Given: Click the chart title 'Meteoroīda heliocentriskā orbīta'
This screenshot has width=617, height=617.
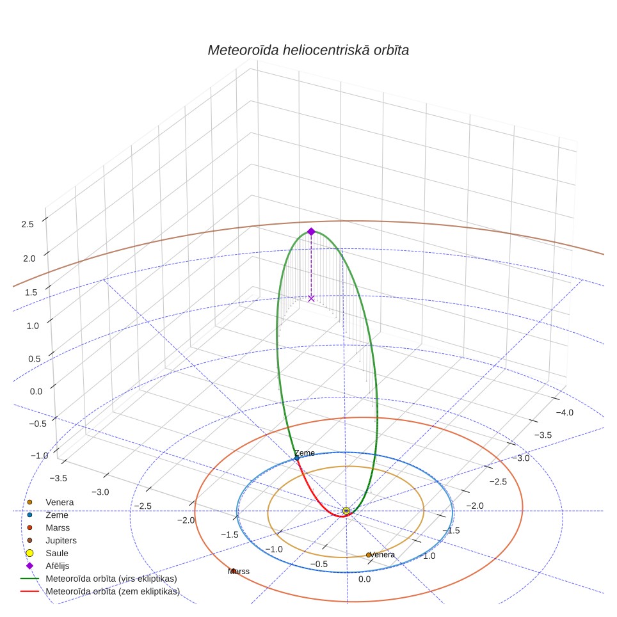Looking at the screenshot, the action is click(308, 51).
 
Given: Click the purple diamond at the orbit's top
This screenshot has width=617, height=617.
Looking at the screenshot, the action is click(311, 232).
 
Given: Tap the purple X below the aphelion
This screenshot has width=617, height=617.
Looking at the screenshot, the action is click(311, 299).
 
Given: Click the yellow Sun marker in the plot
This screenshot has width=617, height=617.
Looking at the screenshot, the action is click(346, 511).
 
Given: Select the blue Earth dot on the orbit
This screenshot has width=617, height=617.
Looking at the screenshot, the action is click(297, 458).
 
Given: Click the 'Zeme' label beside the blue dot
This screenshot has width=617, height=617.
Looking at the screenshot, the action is click(305, 453).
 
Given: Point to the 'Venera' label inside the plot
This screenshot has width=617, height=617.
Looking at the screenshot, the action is click(382, 554).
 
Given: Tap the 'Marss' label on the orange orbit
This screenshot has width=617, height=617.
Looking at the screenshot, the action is click(239, 571).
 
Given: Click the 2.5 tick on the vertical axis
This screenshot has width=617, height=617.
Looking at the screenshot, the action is click(28, 224).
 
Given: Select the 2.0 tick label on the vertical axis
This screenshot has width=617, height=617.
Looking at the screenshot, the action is click(29, 259).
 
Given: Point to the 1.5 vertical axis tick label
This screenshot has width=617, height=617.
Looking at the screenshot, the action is click(31, 292).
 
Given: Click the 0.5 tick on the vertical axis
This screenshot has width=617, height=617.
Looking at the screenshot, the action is click(34, 359).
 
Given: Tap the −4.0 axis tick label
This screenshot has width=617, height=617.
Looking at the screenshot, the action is click(565, 412).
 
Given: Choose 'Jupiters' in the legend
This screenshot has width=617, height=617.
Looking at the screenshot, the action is click(61, 540).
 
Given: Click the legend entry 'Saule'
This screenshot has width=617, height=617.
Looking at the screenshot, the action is click(57, 553).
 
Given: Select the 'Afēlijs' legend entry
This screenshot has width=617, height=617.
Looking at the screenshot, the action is click(58, 566).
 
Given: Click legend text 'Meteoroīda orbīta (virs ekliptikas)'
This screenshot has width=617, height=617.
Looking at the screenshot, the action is click(111, 579).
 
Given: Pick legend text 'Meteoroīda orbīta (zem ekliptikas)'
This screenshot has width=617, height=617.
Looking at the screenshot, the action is click(113, 591).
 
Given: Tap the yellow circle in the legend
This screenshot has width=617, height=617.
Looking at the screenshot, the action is click(29, 553).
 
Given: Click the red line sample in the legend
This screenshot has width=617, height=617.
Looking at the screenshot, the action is click(29, 591).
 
